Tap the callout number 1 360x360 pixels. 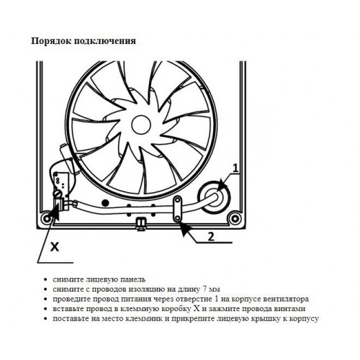(236, 168)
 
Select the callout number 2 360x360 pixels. (211, 237)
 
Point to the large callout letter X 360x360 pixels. (55, 246)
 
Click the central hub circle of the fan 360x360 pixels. (141, 125)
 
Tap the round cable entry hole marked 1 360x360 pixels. (214, 197)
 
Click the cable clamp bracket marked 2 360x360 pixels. (178, 209)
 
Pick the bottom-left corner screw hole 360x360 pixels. (45, 218)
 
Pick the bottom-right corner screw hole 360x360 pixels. (233, 218)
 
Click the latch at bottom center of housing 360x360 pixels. (140, 223)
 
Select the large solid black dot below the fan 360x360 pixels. (105, 203)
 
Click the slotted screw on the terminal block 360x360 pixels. (57, 193)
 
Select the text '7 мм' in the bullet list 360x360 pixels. (211, 289)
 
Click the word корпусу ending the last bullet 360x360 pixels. (304, 319)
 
